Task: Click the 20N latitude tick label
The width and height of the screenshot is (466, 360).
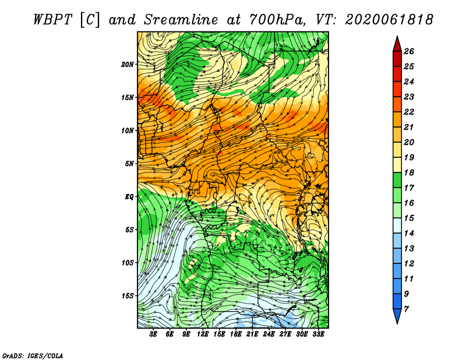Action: click(x=127, y=65)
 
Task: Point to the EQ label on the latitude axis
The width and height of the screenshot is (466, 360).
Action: click(x=129, y=197)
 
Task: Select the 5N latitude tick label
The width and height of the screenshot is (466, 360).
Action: click(x=129, y=164)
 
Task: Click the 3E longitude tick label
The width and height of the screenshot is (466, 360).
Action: click(x=153, y=334)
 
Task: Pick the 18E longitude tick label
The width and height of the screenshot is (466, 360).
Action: click(x=235, y=334)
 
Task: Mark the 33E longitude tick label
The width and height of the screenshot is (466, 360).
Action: click(x=318, y=334)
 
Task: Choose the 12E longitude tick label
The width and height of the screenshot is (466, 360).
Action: click(x=202, y=334)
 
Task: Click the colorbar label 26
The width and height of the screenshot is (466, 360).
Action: click(x=409, y=51)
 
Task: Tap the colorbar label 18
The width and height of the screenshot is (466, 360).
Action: click(x=409, y=172)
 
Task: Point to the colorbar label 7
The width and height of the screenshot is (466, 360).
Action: click(x=406, y=309)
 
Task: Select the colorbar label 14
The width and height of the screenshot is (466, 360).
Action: click(x=409, y=234)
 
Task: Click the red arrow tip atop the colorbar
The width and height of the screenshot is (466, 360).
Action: click(x=397, y=36)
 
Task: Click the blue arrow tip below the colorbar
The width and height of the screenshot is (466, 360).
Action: click(x=397, y=324)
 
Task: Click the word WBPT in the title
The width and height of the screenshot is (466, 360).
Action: click(x=53, y=20)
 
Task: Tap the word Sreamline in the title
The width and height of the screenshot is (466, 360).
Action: click(x=181, y=20)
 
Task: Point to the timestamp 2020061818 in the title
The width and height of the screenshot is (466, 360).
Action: click(x=389, y=20)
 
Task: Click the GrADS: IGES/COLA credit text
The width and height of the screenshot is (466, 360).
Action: click(x=33, y=356)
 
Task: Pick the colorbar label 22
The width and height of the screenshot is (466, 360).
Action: click(x=409, y=112)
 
